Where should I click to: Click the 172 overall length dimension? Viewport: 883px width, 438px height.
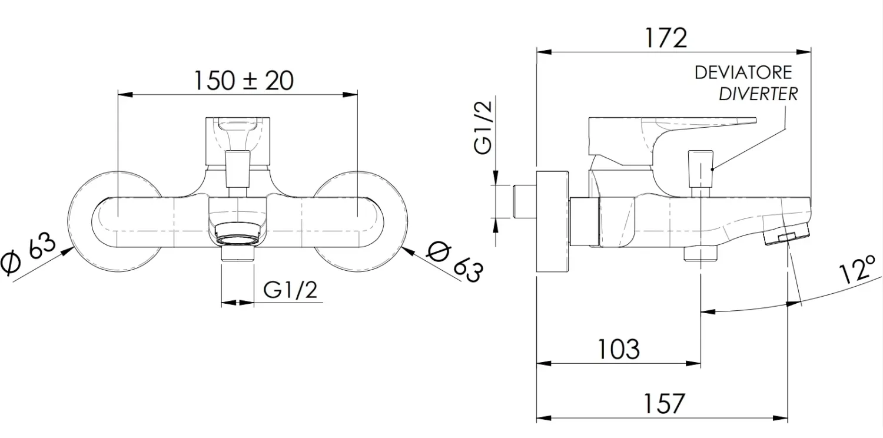(666, 38)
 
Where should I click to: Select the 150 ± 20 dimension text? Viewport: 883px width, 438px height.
(244, 81)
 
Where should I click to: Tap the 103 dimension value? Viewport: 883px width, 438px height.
(619, 349)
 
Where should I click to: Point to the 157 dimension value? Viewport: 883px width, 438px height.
(664, 403)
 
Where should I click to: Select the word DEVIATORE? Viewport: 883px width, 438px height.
(743, 72)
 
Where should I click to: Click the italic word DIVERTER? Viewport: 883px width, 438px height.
(758, 94)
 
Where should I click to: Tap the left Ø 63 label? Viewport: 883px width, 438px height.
(28, 253)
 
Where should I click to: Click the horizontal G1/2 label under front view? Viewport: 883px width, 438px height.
(290, 290)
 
